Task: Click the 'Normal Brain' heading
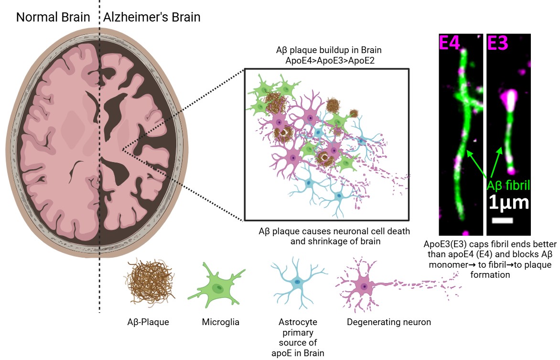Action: (53, 18)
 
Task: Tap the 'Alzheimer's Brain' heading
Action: (151, 18)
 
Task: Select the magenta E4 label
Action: (450, 43)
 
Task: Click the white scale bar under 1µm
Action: (502, 220)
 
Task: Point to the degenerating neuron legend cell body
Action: (364, 286)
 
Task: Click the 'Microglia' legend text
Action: (220, 322)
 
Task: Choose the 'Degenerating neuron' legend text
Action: (388, 322)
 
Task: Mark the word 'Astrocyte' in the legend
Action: (297, 322)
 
